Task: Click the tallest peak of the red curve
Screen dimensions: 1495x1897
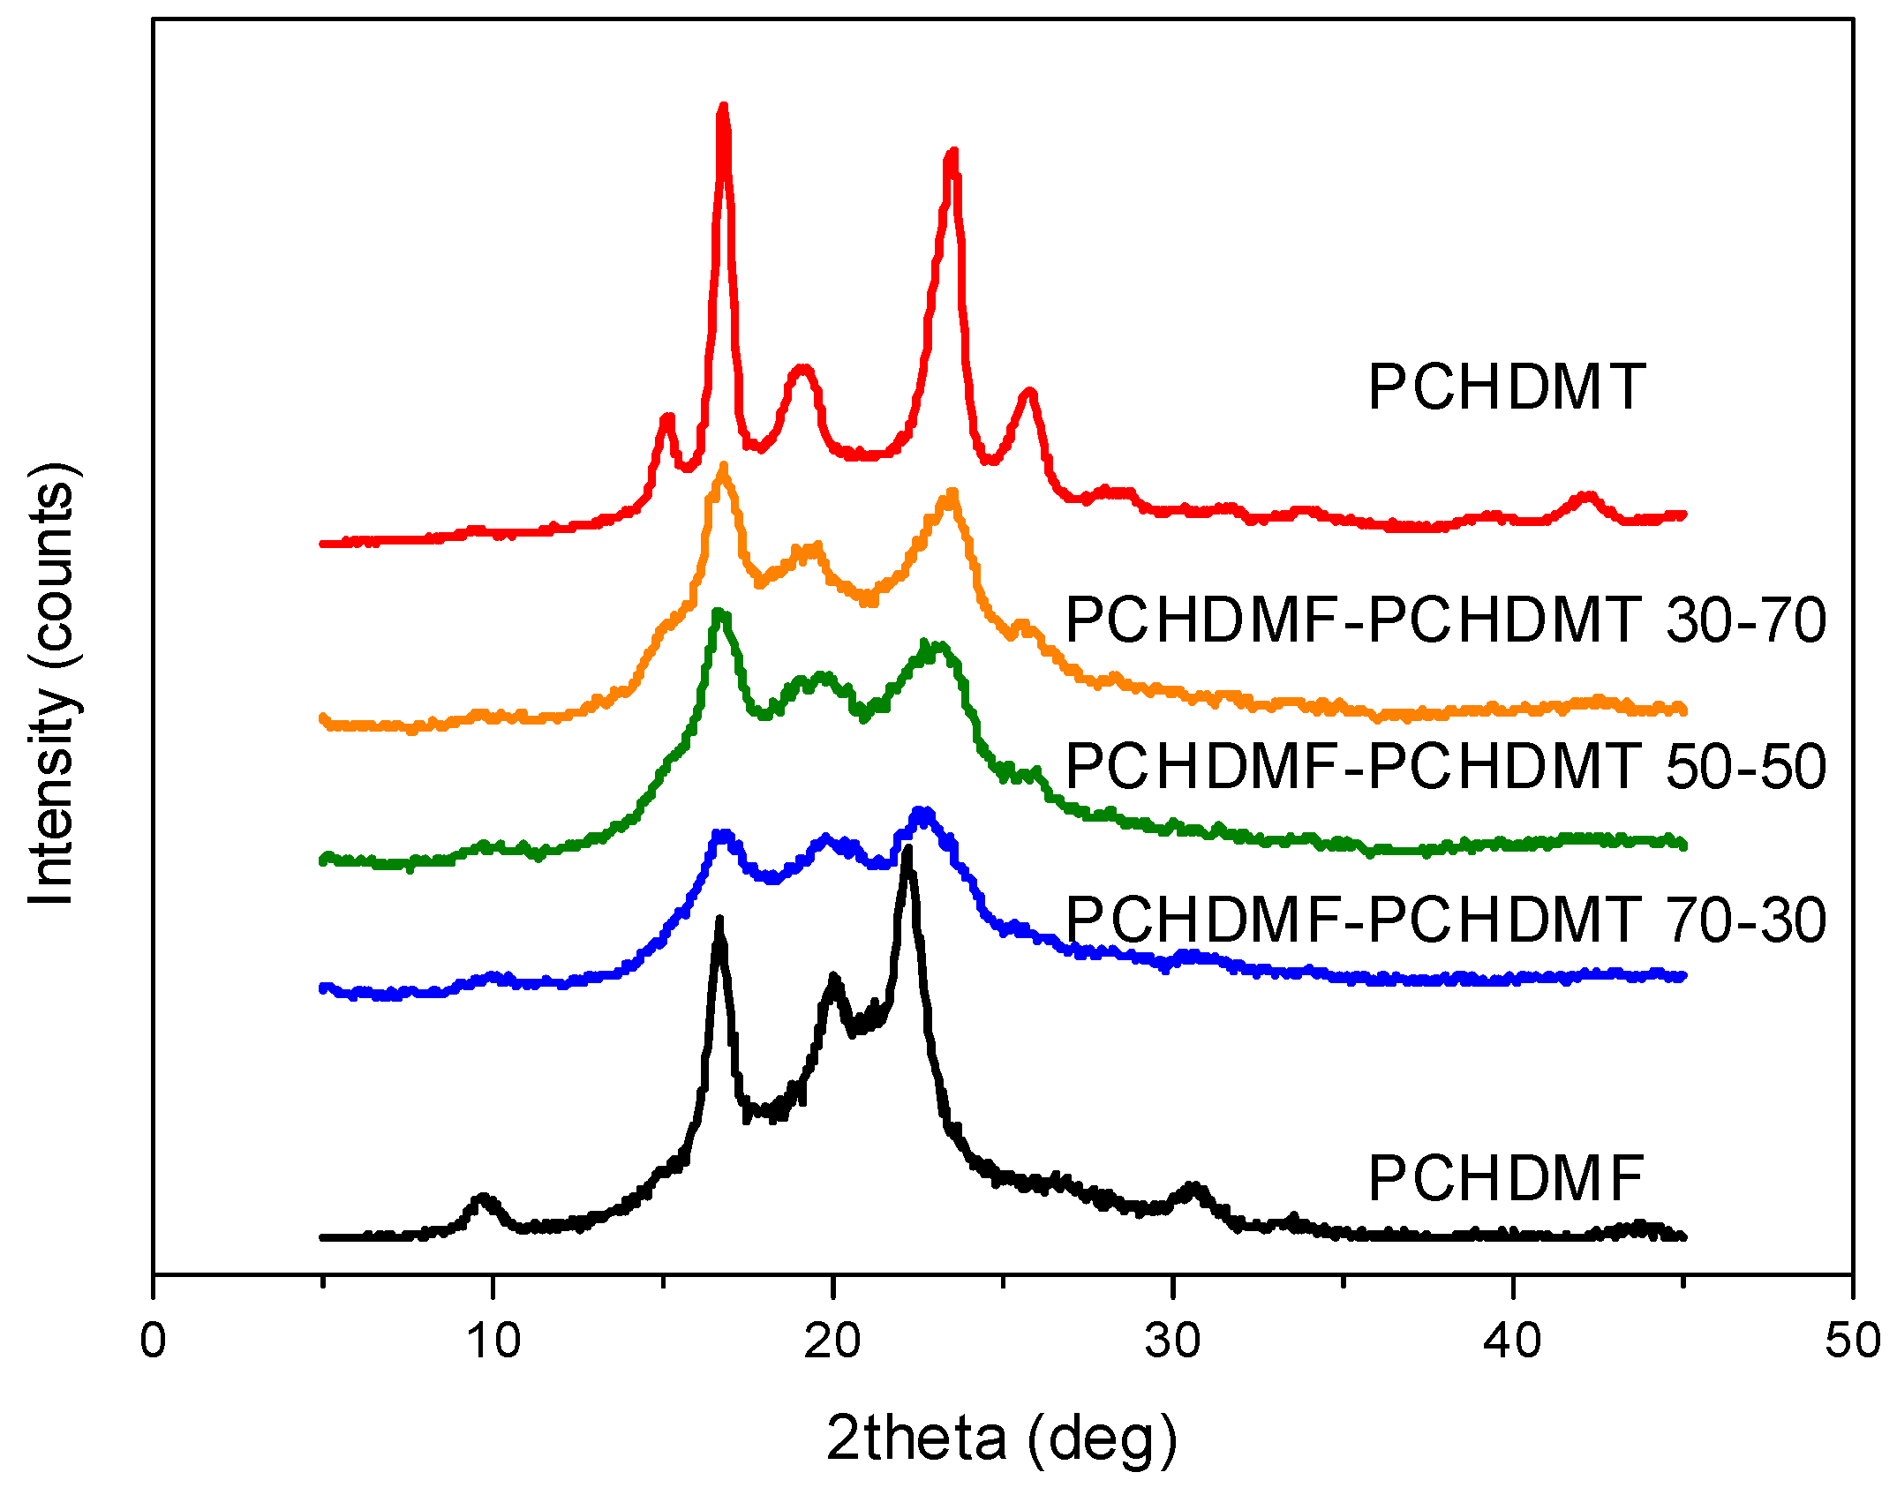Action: pos(724,109)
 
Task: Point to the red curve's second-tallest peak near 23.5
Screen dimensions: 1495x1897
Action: pos(951,155)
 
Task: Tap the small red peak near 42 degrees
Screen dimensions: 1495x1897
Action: pos(1587,498)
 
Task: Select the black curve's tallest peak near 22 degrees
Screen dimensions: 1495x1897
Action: pos(907,852)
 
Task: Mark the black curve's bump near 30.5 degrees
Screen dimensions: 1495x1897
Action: pos(1193,1191)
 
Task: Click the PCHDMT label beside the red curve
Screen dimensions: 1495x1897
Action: pos(1506,387)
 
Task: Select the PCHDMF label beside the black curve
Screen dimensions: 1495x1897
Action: pos(1506,1179)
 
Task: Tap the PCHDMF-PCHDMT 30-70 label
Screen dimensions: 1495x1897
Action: pos(1445,620)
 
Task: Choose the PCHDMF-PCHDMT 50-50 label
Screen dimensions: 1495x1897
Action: pos(1445,765)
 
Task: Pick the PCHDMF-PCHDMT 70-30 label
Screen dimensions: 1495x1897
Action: pos(1445,920)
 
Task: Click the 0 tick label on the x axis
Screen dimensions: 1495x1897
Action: pos(154,1341)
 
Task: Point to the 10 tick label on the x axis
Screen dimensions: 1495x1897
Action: pos(493,1341)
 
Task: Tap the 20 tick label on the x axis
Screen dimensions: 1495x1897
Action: pos(832,1341)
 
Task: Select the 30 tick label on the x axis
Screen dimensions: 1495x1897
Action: pos(1172,1341)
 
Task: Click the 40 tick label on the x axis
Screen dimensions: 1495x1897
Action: pos(1512,1341)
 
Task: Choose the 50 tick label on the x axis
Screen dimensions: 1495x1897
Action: pos(1852,1341)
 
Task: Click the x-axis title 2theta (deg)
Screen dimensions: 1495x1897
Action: pos(1002,1439)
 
